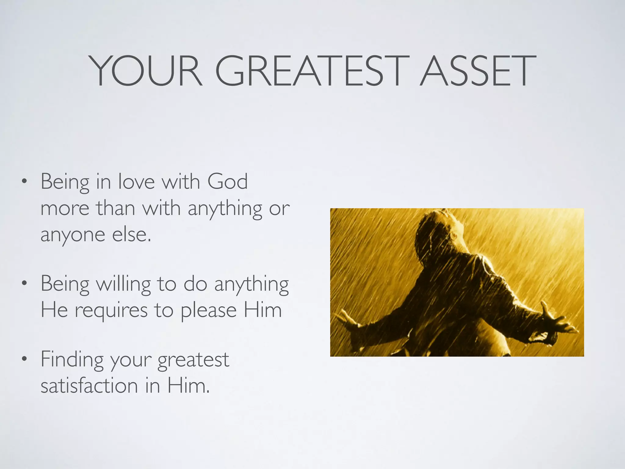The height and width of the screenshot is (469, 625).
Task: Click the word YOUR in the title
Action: [x=146, y=71]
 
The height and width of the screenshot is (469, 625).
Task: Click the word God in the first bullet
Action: [x=228, y=182]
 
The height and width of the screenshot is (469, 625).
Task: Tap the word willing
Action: [x=123, y=284]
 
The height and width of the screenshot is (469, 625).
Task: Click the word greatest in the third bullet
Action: [x=193, y=360]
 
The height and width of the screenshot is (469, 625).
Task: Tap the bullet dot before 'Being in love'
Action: [x=24, y=183]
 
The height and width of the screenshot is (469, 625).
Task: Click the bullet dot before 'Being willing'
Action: [x=24, y=284]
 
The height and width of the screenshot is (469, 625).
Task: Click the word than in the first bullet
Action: [x=116, y=208]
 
